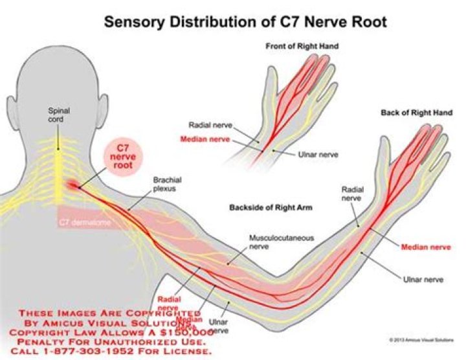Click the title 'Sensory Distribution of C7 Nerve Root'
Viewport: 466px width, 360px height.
pos(245,21)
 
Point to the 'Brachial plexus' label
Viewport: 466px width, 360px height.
pos(168,185)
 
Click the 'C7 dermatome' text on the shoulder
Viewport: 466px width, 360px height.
pos(82,223)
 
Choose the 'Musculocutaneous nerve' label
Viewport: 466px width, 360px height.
pos(282,242)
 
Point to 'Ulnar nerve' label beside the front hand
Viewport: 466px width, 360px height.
pos(316,155)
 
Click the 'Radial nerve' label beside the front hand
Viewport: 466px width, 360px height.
pos(210,125)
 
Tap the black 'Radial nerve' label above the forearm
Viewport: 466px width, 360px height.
pos(352,194)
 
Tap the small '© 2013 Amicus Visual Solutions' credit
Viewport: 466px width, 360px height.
pos(423,339)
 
